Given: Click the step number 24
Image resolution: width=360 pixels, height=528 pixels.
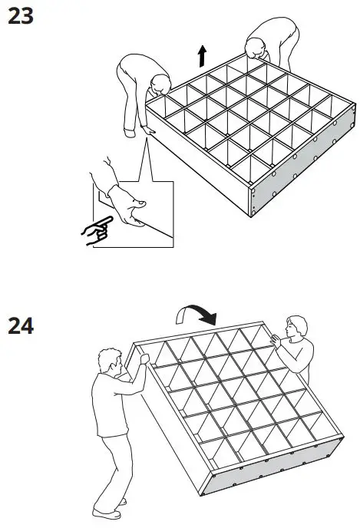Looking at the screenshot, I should coord(21,327).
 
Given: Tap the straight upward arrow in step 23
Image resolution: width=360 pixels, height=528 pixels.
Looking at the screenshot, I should coord(202,55).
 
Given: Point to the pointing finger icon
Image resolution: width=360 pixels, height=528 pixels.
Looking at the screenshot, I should coord(96,230).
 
